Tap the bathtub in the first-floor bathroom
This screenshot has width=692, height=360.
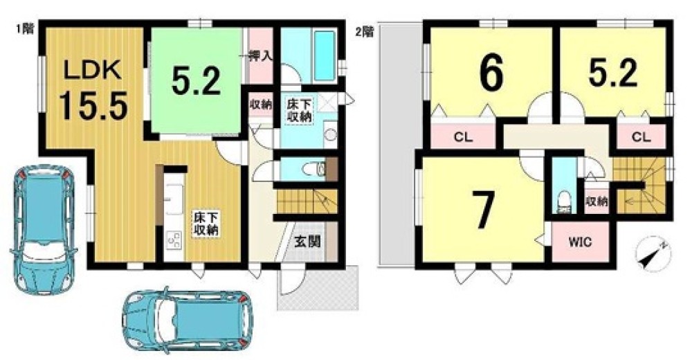pos(324,56)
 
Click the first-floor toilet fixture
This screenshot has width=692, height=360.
pos(317,168)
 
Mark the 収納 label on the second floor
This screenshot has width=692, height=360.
pos(597,202)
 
